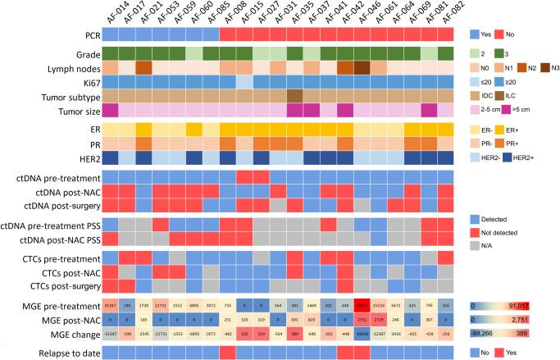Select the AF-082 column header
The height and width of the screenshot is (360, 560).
pyautogui.click(x=445, y=14)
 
